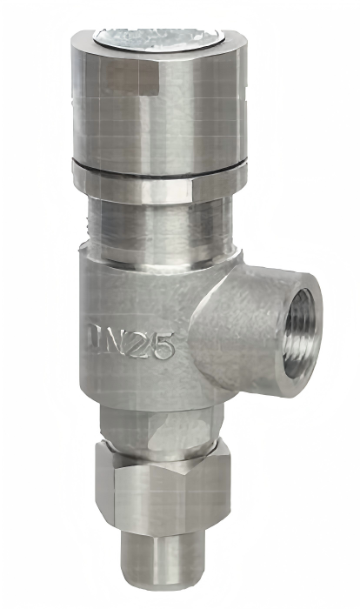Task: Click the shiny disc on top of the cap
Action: click(157, 40)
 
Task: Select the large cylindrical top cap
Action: click(158, 105)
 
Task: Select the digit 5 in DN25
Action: click(163, 346)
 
